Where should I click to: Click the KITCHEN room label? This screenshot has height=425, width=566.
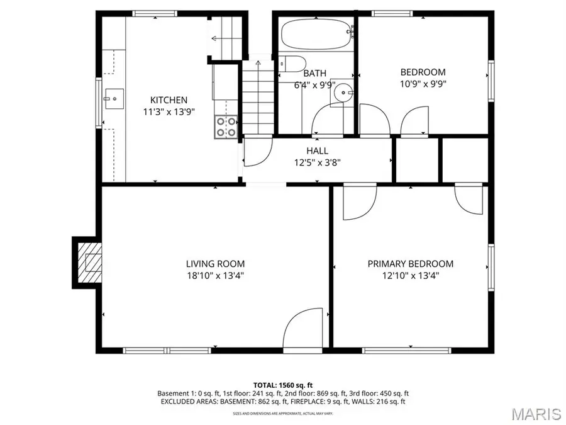168,100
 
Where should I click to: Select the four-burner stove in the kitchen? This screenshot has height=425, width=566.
226,127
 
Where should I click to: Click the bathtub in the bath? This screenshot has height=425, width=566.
316,33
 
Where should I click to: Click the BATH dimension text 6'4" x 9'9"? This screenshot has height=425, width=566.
315,85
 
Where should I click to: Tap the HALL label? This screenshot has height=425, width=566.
317,150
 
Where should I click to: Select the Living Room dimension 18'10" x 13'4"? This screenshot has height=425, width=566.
215,276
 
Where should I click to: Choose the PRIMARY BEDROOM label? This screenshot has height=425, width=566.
410,264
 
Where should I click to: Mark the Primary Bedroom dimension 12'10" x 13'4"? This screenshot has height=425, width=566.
410,276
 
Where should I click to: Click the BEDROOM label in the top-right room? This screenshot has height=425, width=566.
423,72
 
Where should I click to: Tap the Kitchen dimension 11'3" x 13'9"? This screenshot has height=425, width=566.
168,112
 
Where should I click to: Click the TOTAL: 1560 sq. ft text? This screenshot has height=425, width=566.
283,384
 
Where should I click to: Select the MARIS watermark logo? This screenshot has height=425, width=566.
536,413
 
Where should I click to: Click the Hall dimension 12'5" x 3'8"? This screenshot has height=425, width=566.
317,162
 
